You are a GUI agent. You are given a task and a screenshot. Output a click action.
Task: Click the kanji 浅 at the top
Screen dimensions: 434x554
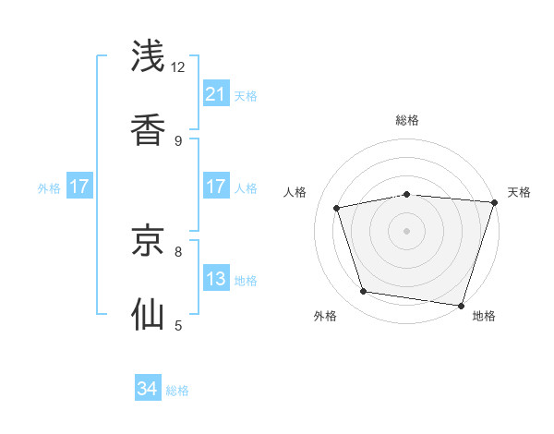150,55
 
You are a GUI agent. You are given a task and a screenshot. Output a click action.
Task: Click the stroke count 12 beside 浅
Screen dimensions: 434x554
178,66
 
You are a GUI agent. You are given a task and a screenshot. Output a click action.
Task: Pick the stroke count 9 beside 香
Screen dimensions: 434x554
178,140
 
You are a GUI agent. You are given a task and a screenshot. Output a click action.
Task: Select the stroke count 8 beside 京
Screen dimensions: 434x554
178,250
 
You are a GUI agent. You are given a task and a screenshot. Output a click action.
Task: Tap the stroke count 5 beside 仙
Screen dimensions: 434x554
178,325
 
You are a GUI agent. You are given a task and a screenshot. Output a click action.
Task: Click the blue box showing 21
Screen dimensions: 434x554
216,94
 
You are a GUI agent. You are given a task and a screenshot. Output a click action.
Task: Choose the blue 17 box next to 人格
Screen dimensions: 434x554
216,187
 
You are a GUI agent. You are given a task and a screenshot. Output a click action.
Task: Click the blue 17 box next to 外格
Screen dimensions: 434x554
79,187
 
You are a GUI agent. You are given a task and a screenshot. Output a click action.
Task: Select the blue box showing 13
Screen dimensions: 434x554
216,279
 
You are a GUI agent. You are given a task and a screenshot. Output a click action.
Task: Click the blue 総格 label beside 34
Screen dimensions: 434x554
177,390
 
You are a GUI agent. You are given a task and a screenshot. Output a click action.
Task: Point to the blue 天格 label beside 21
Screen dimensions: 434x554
246,95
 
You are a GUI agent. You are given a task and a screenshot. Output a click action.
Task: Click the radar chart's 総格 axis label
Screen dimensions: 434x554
407,120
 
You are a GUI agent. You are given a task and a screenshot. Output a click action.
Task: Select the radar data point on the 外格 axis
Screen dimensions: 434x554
364,292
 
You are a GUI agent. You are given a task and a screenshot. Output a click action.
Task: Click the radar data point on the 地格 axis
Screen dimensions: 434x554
461,305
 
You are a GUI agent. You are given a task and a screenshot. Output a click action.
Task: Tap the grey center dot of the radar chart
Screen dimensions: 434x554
407,230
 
